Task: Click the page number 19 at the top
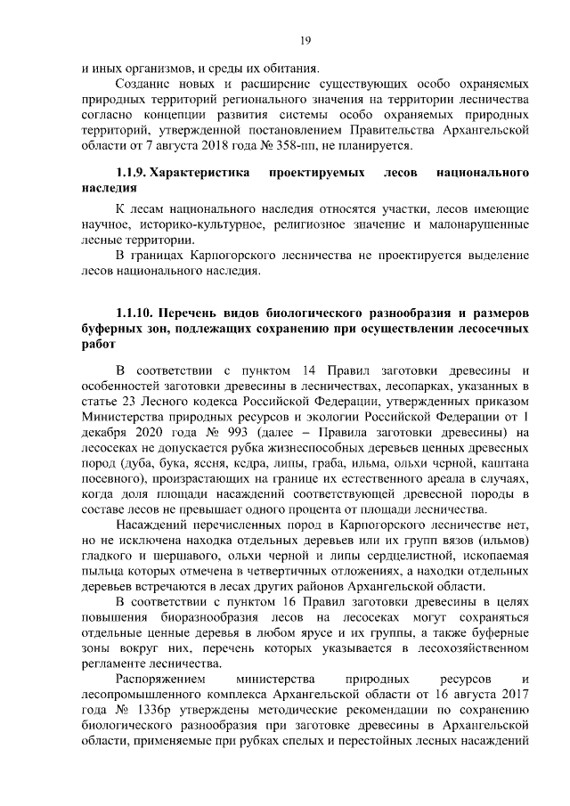point(305,39)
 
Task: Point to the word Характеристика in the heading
point(202,174)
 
